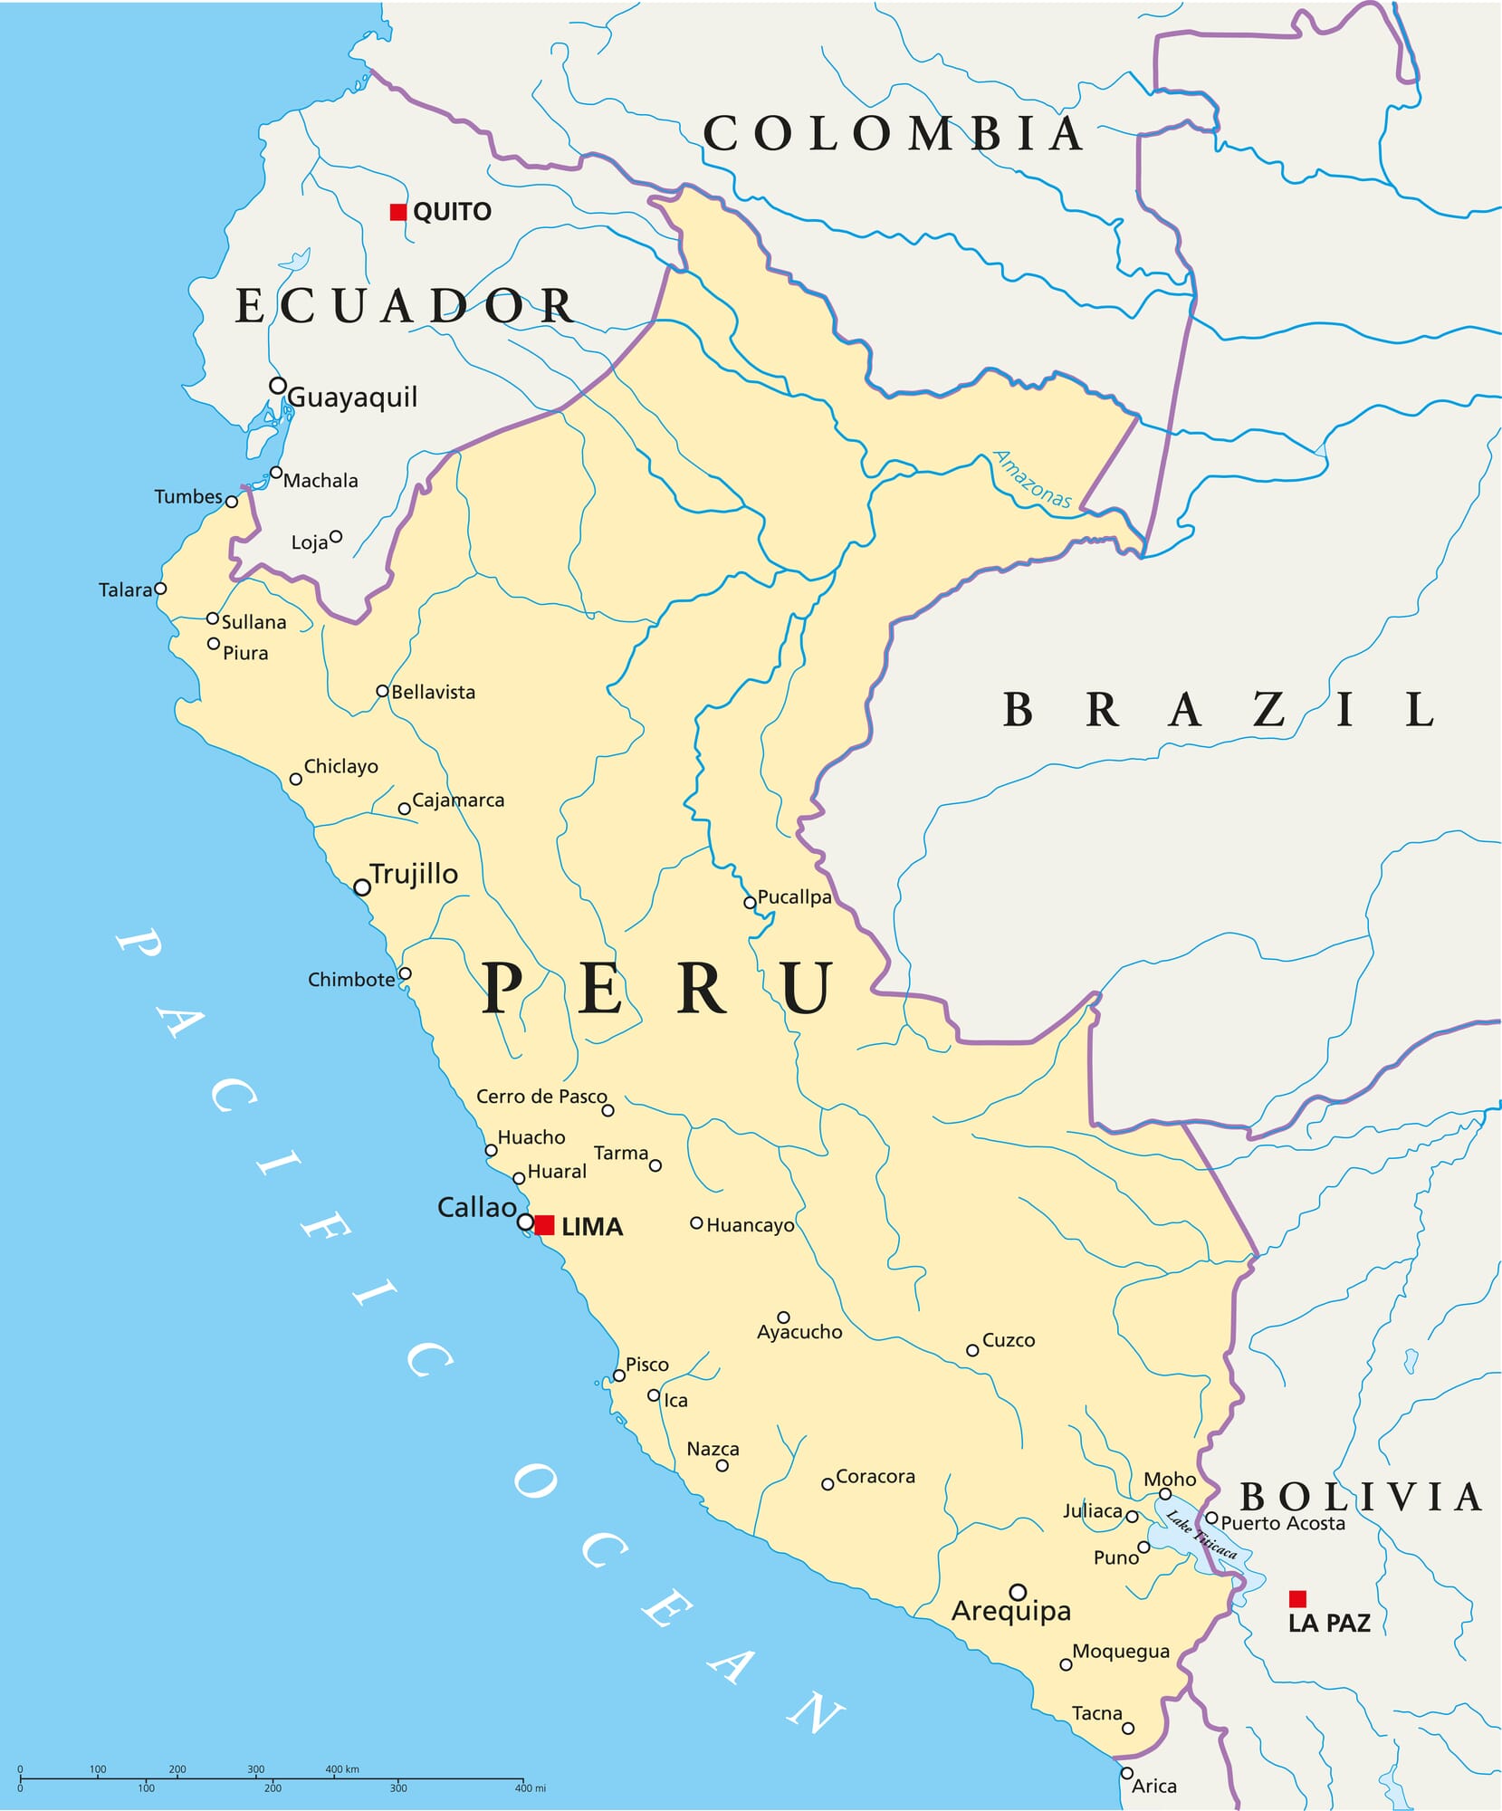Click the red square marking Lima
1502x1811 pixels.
coord(544,1225)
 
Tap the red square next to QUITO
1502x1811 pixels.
coord(397,212)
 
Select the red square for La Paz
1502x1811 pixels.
coord(1297,1598)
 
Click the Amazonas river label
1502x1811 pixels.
coord(1032,479)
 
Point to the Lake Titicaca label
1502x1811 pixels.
coord(1201,1534)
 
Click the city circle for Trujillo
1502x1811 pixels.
coord(362,887)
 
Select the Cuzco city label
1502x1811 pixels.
coord(1008,1340)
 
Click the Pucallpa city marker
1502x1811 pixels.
coord(750,903)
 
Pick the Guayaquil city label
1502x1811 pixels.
coord(352,397)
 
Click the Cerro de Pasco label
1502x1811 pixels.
coord(541,1097)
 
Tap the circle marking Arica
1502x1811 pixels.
coord(1127,1773)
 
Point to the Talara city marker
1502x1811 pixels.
coord(160,589)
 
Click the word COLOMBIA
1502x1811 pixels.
coord(893,134)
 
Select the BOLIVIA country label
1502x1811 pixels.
coord(1360,1497)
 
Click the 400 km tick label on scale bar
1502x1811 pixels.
coord(341,1768)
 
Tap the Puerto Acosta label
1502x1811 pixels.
coord(1282,1523)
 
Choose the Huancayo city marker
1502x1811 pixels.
coord(696,1222)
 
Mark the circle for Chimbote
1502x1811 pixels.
coord(405,973)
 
